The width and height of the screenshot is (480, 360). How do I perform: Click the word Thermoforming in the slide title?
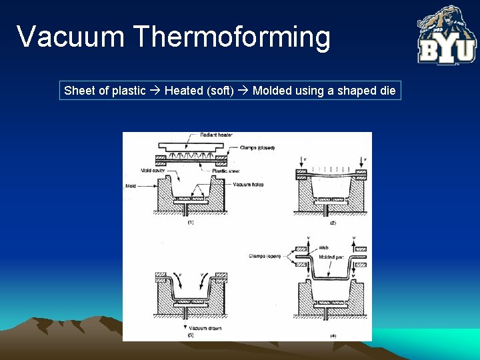[232, 37]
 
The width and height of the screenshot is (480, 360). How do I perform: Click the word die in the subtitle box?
[387, 91]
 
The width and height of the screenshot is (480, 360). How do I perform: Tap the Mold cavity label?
[153, 171]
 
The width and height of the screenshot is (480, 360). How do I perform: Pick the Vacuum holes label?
[248, 184]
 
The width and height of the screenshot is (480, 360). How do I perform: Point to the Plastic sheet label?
[225, 171]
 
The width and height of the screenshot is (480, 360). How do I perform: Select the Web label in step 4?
[323, 247]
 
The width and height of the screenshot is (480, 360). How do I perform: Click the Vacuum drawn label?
[204, 328]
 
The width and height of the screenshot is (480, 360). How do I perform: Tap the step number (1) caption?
[190, 223]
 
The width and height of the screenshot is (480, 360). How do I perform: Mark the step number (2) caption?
[331, 223]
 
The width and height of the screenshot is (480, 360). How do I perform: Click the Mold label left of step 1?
[130, 186]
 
